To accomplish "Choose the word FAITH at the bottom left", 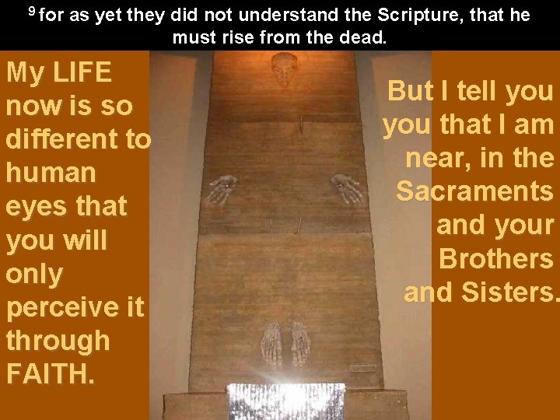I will [x=50, y=373].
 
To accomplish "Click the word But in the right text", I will [x=411, y=92].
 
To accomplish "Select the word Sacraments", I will [x=474, y=191].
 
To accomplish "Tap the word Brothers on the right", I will [x=496, y=258].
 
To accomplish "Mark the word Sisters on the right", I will [x=510, y=292].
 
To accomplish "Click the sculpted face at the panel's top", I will [x=285, y=69].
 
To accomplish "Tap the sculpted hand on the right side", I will [x=346, y=187].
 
